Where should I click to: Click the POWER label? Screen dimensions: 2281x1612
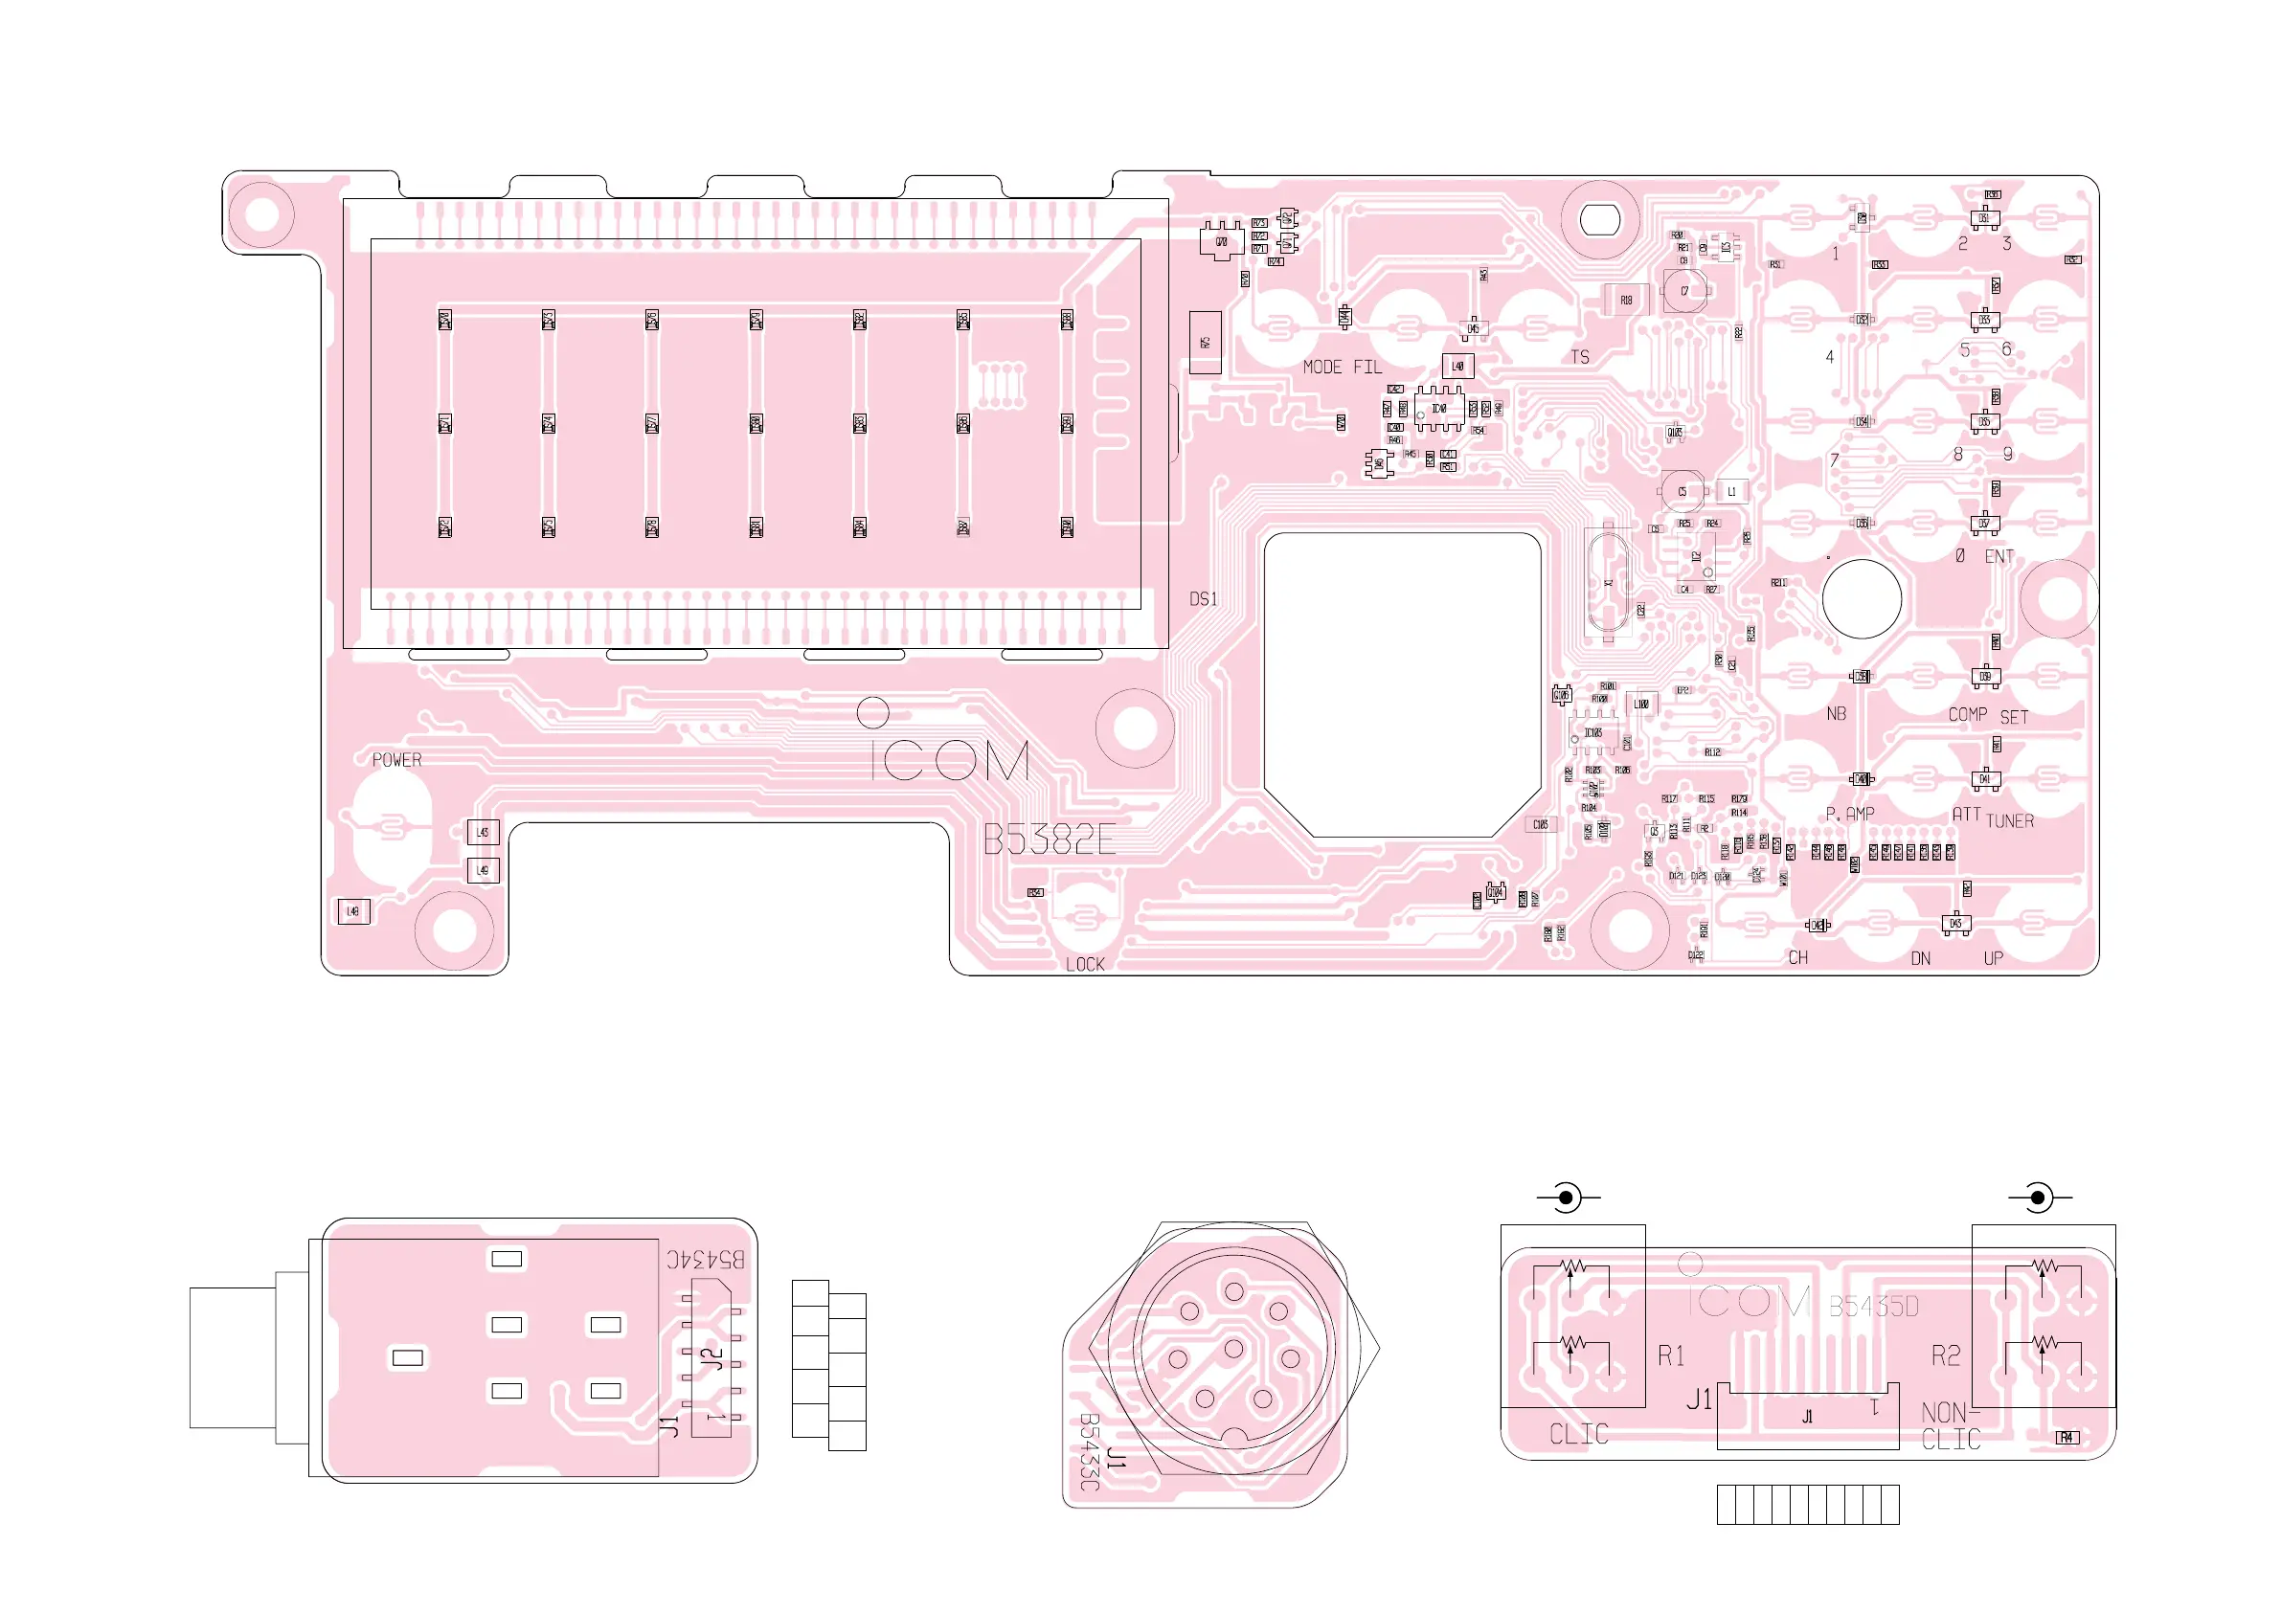[x=396, y=761]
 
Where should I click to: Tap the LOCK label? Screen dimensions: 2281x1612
[x=1085, y=964]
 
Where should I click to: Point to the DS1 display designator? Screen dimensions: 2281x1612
[x=1203, y=599]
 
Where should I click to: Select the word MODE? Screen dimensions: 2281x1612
[x=1322, y=368]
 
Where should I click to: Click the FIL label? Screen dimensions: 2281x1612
[x=1368, y=368]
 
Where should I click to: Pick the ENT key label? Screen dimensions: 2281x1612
[x=1999, y=557]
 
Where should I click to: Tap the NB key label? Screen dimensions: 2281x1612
[x=1836, y=714]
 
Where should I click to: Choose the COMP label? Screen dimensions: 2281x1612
[x=1967, y=715]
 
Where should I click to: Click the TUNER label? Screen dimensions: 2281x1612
[x=2010, y=821]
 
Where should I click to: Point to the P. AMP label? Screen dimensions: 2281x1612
[x=1850, y=815]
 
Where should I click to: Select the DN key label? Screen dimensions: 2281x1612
[x=1920, y=958]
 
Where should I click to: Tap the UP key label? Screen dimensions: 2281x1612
[x=1993, y=958]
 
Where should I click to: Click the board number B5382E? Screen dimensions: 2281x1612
[x=1050, y=841]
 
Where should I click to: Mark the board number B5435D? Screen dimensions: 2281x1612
[x=1874, y=1307]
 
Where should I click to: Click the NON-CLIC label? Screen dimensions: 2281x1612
[x=1952, y=1426]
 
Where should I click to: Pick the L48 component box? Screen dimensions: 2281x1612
[x=353, y=912]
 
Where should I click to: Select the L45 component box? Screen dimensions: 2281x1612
[x=483, y=832]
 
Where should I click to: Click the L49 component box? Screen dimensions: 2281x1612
[x=483, y=871]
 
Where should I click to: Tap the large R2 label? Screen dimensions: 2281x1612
[x=1945, y=1355]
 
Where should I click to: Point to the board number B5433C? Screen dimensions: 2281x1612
[x=1089, y=1452]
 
